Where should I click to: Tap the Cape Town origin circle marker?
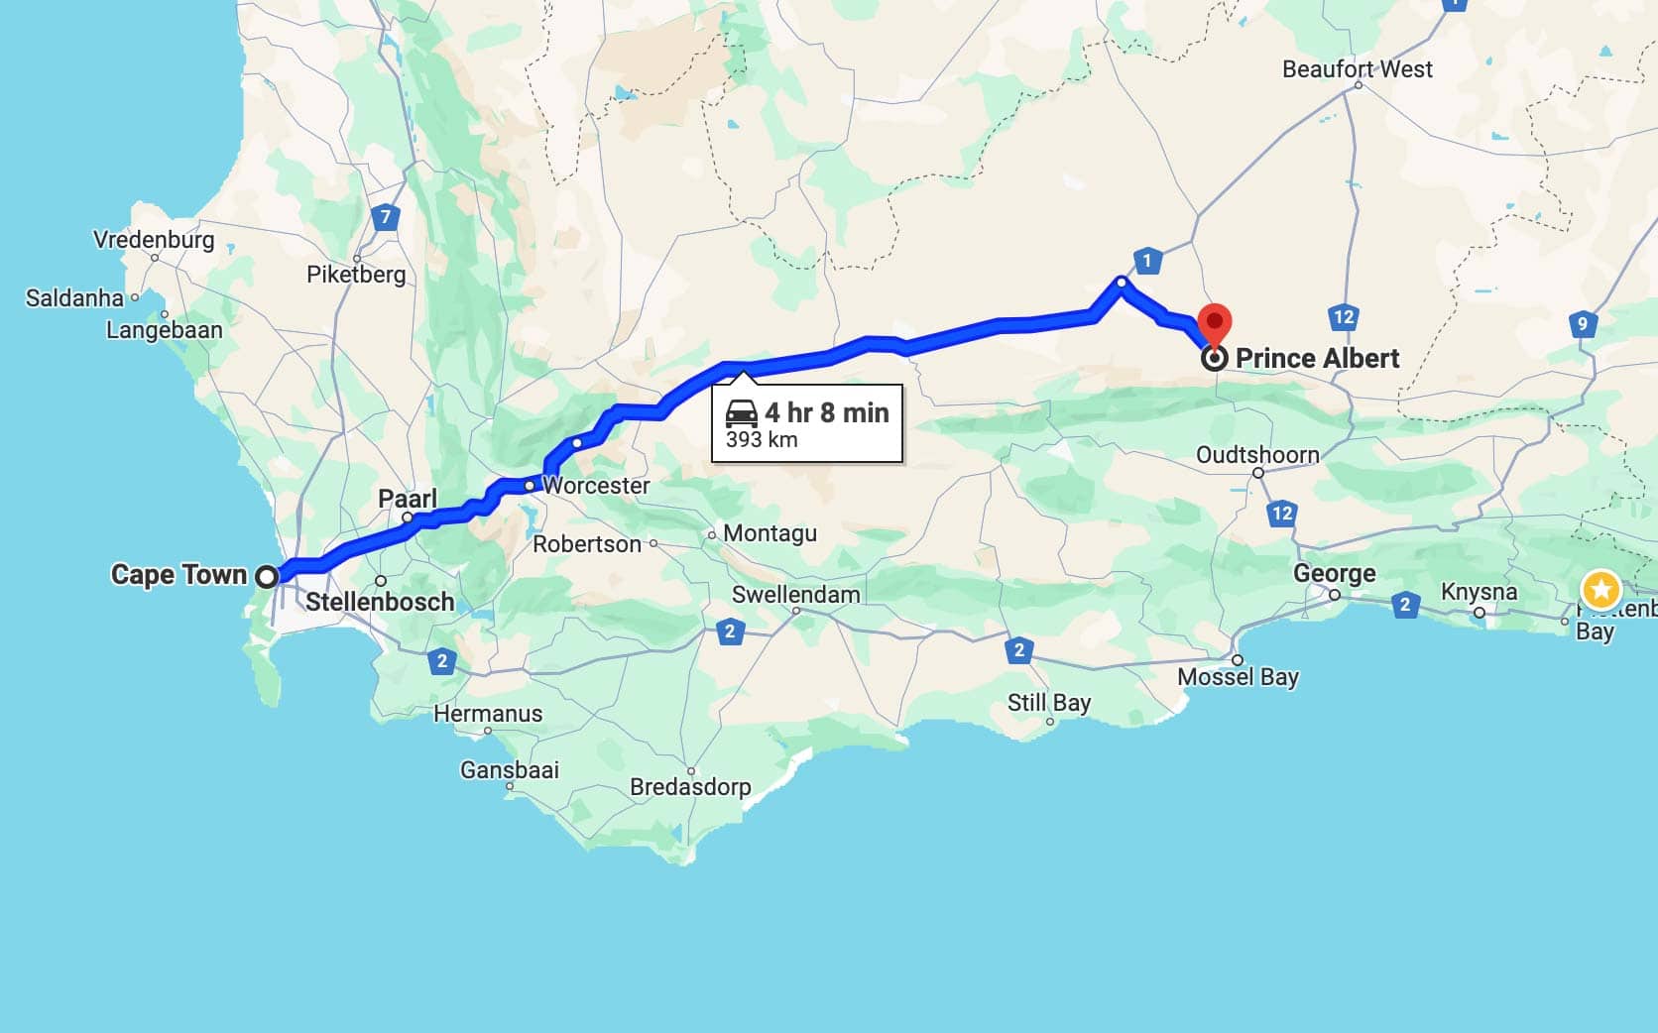click(267, 576)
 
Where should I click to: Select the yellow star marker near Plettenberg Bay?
click(1600, 590)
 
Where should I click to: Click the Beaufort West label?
click(1357, 69)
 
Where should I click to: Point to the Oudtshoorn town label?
click(1256, 455)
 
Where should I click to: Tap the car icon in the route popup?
click(742, 413)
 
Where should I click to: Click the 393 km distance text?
click(762, 440)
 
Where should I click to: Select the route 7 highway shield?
click(386, 216)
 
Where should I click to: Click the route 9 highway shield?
click(1582, 323)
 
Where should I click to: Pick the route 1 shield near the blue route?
click(1147, 261)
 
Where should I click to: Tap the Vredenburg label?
click(154, 240)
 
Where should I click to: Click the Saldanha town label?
click(74, 298)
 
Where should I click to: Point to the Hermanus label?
click(488, 714)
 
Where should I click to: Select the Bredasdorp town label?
click(690, 787)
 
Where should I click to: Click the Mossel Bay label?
click(1238, 677)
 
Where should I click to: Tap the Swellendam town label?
click(795, 595)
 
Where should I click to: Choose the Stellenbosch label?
click(380, 602)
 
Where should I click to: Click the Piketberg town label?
click(356, 275)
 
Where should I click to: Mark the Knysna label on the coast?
click(1479, 592)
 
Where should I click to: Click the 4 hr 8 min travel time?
click(827, 412)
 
